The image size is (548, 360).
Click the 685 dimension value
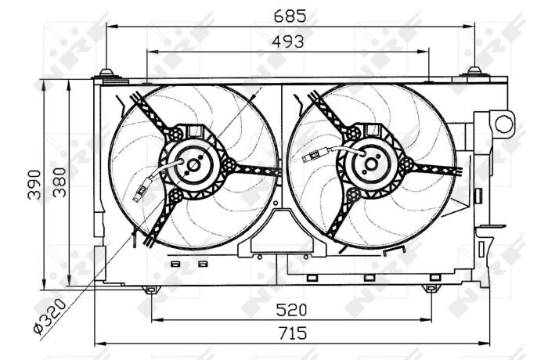pyautogui.click(x=290, y=16)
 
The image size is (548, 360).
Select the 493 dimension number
pyautogui.click(x=288, y=42)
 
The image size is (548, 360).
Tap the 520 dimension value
pyautogui.click(x=291, y=310)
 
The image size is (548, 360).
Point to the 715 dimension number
pyautogui.click(x=293, y=333)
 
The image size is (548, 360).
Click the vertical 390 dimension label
pyautogui.click(x=34, y=185)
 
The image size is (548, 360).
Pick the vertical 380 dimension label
pyautogui.click(x=59, y=182)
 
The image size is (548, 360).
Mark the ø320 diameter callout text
pyautogui.click(x=49, y=317)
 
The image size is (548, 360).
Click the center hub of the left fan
pyautogui.click(x=193, y=165)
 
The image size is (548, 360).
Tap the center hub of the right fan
pyautogui.click(x=371, y=164)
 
